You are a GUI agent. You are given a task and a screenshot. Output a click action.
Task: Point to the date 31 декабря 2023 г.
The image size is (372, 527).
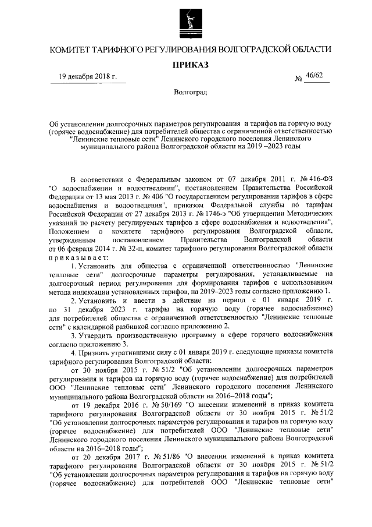click(101, 309)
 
